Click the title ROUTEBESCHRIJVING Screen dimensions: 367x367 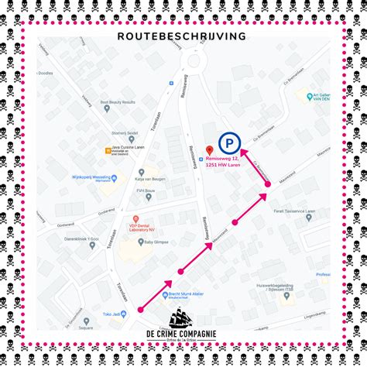tap(183, 36)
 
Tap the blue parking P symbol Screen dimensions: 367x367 tap(228, 142)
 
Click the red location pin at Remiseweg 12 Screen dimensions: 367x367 tap(209, 149)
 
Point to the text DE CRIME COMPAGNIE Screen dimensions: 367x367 tap(183, 334)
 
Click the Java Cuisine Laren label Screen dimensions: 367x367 tap(127, 148)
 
